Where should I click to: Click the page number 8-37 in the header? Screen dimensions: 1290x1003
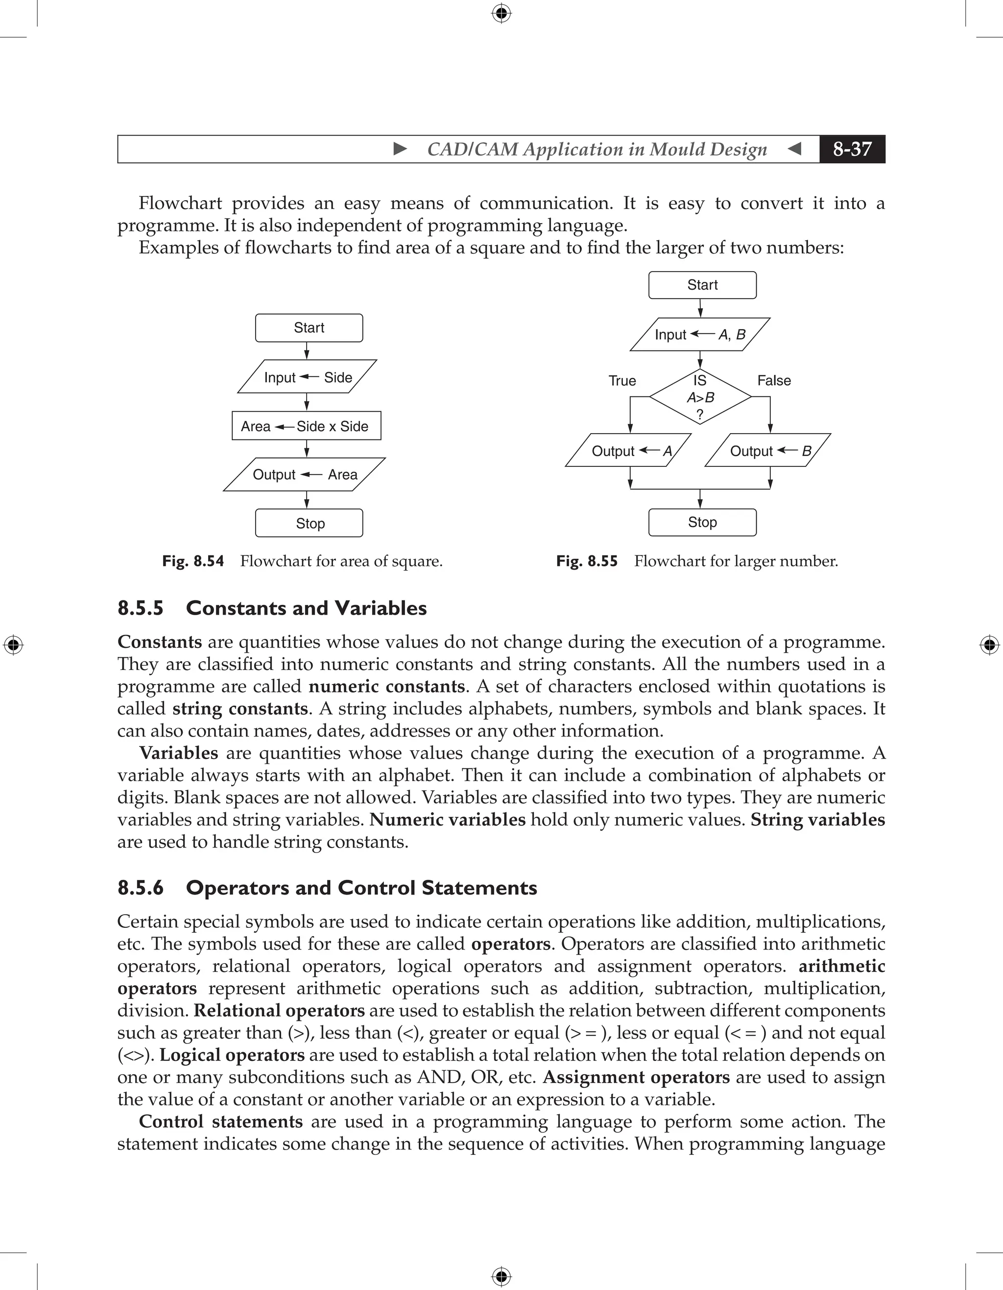point(852,149)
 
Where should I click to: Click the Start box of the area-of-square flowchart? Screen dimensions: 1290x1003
point(309,328)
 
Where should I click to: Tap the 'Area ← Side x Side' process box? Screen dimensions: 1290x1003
point(306,426)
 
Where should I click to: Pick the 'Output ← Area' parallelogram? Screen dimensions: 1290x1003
point(305,474)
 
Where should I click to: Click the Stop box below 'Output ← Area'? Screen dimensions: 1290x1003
point(309,523)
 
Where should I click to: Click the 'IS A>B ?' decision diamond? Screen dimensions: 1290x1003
point(700,397)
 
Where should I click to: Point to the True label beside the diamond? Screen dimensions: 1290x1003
point(622,380)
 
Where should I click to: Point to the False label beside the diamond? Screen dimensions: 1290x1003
point(774,380)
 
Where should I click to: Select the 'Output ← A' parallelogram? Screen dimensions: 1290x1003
point(628,451)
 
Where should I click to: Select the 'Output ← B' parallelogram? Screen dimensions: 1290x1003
point(768,451)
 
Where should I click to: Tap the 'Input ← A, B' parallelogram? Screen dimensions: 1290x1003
point(700,334)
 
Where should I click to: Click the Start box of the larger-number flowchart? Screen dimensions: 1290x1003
point(702,285)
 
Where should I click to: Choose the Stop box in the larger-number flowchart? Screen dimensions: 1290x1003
point(702,522)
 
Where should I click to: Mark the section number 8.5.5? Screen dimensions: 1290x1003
point(141,608)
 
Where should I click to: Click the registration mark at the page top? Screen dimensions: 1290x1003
point(501,13)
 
